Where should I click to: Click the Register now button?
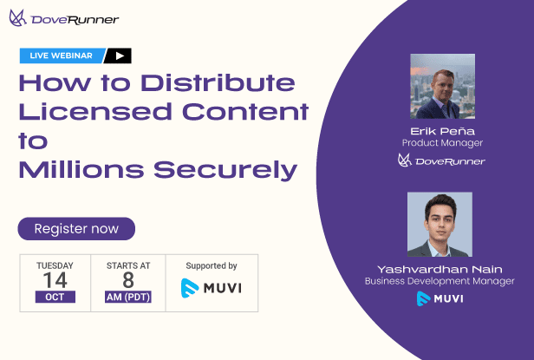[76, 229]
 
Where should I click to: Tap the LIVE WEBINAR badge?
[60, 56]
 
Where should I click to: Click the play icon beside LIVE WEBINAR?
[119, 56]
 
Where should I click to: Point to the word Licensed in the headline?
[82, 112]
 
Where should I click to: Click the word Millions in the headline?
[88, 168]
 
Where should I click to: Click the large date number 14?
[55, 280]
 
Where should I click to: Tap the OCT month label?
[55, 297]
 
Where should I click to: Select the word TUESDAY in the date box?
[55, 265]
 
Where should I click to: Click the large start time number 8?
[127, 280]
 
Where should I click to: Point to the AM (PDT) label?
[127, 297]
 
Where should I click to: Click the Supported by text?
[212, 265]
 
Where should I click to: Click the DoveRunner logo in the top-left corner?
[64, 18]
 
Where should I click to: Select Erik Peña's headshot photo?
[442, 86]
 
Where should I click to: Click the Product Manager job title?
[442, 142]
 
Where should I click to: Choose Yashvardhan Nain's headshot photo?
[440, 225]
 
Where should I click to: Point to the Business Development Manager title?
[440, 281]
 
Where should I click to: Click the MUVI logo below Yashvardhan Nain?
[440, 298]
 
